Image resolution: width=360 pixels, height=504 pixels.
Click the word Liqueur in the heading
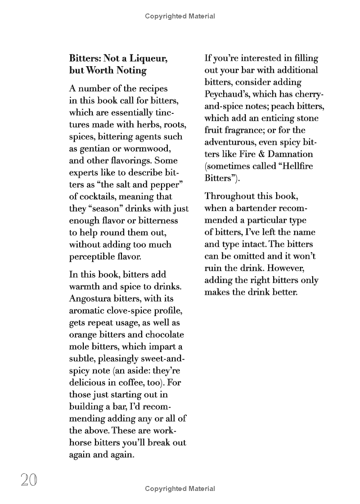click(x=152, y=58)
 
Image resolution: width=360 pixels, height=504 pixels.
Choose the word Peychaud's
click(x=225, y=94)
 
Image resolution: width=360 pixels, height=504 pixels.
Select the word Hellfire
click(x=296, y=166)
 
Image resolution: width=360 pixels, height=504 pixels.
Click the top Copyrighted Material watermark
click(x=180, y=16)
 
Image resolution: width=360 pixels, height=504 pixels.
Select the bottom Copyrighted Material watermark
click(x=180, y=489)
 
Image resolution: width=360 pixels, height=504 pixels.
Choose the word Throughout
click(x=228, y=196)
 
